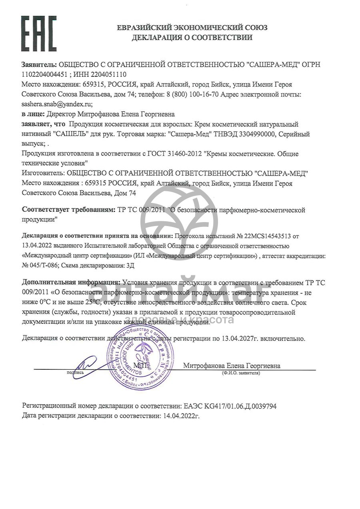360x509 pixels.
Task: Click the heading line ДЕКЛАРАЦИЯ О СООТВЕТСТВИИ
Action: [192, 38]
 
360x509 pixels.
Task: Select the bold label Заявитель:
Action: [40, 64]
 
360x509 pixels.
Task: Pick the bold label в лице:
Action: [34, 114]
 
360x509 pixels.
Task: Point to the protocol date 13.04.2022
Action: [37, 245]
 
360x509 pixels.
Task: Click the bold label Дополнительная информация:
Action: [71, 283]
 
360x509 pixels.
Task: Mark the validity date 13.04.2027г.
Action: [240, 339]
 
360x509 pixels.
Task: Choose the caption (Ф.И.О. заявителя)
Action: [240, 373]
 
